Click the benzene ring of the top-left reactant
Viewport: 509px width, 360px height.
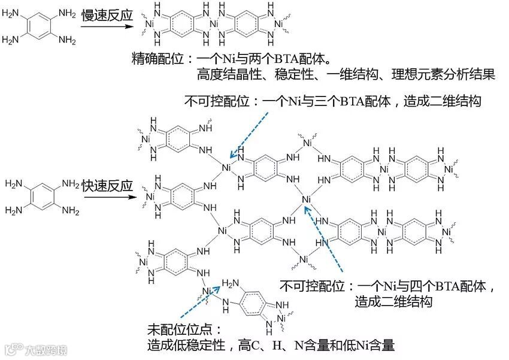[x=42, y=27]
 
